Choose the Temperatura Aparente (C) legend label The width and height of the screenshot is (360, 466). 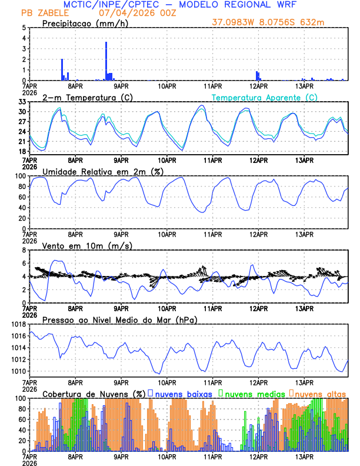tap(265, 97)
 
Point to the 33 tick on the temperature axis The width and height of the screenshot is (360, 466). tap(22, 102)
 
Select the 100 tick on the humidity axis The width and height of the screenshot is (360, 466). tap(19, 176)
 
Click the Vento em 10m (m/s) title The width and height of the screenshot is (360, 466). tap(87, 245)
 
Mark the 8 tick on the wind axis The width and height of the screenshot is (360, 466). tap(24, 250)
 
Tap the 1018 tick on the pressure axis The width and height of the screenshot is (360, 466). tap(18, 324)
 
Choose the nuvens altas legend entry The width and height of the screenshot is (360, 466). tap(320, 393)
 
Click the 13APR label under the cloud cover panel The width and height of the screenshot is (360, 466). tap(304, 456)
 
